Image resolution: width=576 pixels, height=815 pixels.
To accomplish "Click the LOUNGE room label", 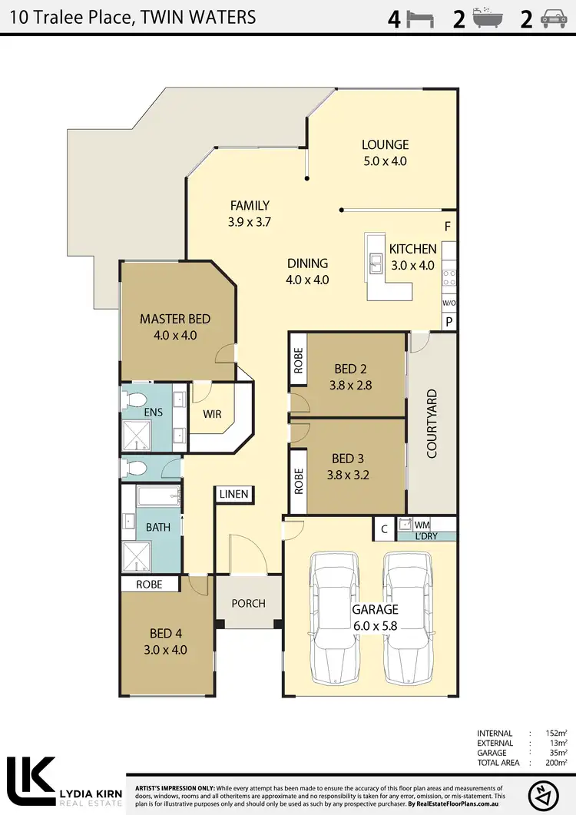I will pyautogui.click(x=385, y=144).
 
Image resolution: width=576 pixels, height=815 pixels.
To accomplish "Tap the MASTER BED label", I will pyautogui.click(x=174, y=319).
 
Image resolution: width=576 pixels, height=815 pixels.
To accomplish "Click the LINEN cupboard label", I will pyautogui.click(x=233, y=494).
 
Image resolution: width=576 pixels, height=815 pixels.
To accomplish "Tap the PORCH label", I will pyautogui.click(x=248, y=603).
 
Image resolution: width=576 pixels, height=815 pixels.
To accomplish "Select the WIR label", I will pyautogui.click(x=212, y=414).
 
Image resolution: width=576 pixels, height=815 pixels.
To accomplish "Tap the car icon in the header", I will pyautogui.click(x=554, y=19).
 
